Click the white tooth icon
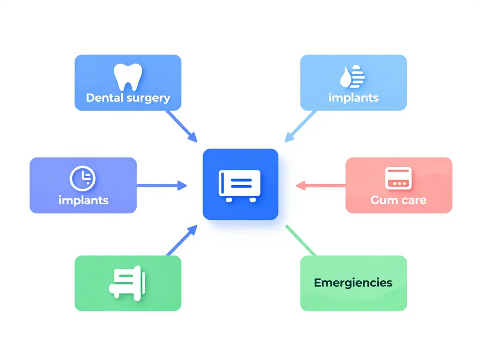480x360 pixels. pyautogui.click(x=127, y=77)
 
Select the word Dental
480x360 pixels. pyautogui.click(x=105, y=98)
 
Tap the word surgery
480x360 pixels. pyautogui.click(x=149, y=98)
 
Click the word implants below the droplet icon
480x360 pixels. pyautogui.click(x=353, y=97)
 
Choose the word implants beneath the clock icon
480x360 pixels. pyautogui.click(x=83, y=200)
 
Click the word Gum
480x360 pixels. pyautogui.click(x=382, y=200)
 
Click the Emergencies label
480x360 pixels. pyautogui.click(x=353, y=283)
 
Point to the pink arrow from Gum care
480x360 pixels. pyautogui.click(x=321, y=186)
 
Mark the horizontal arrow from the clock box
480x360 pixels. pyautogui.click(x=162, y=186)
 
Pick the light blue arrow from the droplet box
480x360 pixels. pyautogui.click(x=300, y=126)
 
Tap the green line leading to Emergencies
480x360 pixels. pyautogui.click(x=300, y=240)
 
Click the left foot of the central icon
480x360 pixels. pyautogui.click(x=228, y=200)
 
